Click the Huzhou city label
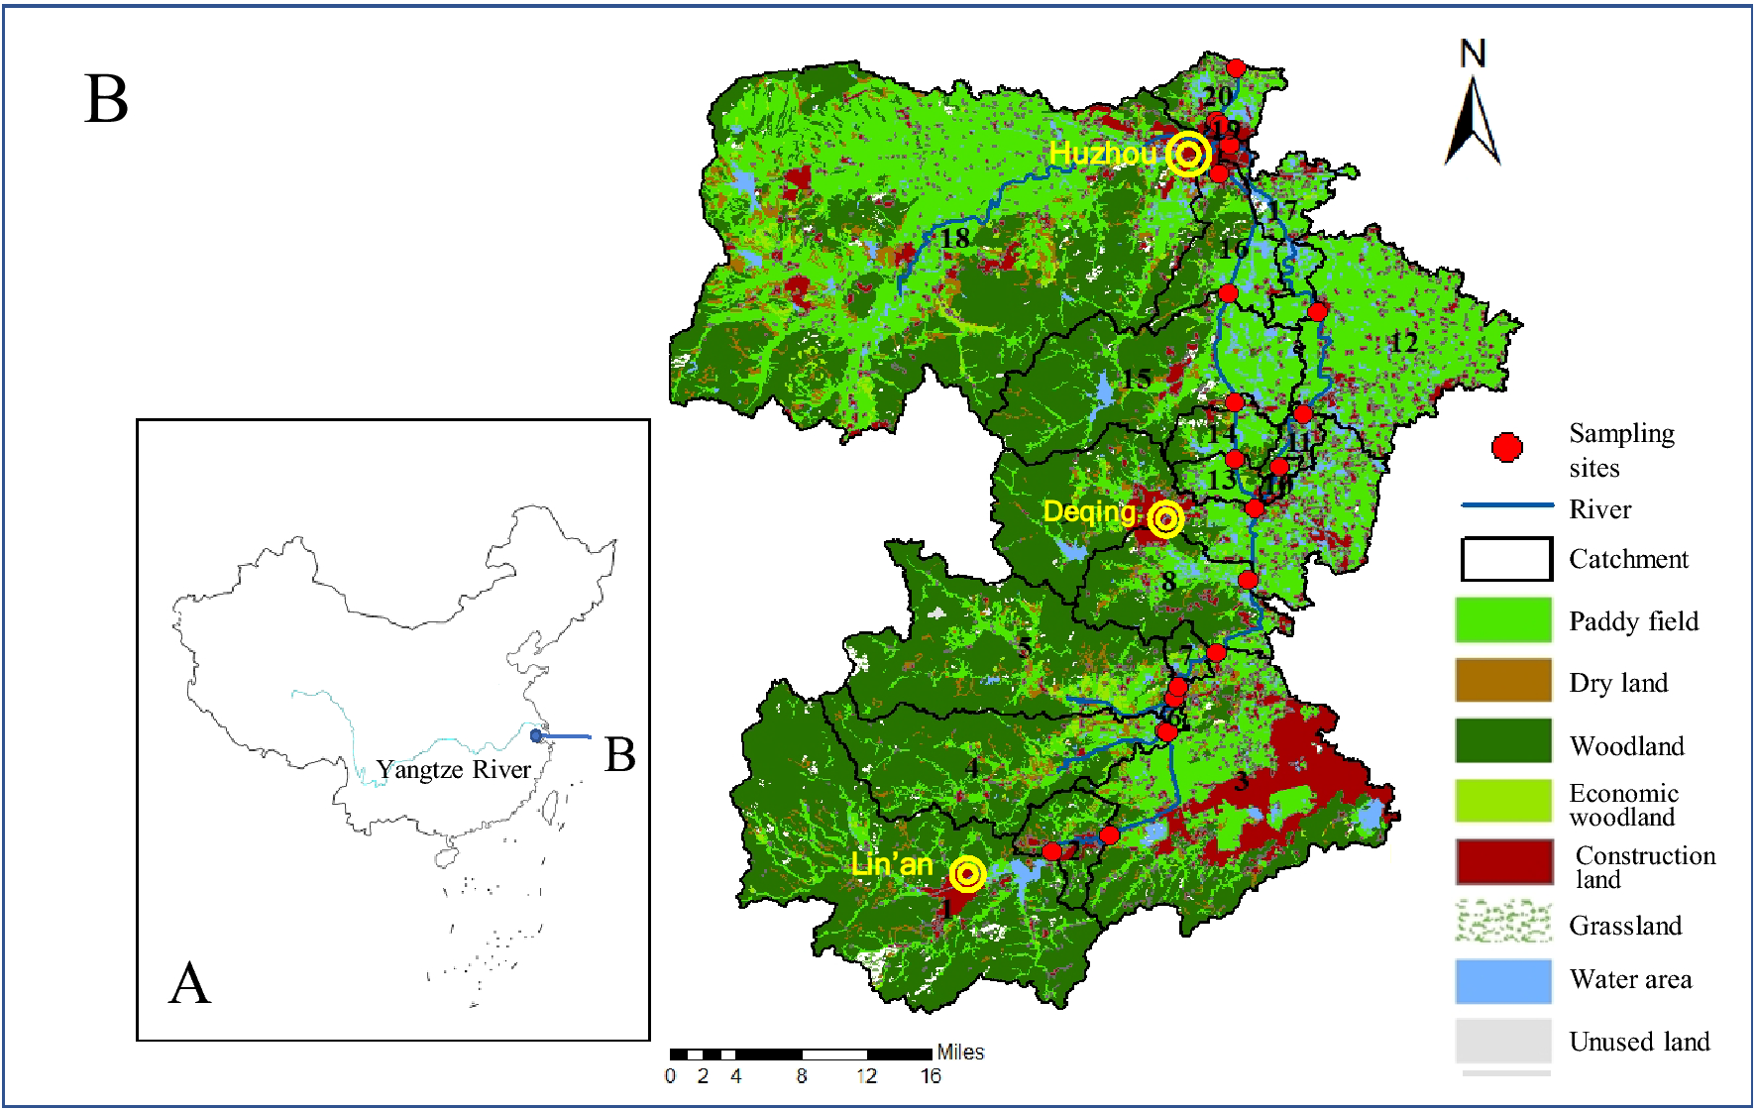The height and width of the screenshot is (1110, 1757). pyautogui.click(x=1102, y=153)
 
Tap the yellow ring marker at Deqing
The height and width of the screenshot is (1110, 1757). pyautogui.click(x=1166, y=518)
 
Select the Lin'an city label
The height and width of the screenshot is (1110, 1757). pyautogui.click(x=892, y=864)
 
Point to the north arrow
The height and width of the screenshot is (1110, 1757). pyautogui.click(x=1472, y=109)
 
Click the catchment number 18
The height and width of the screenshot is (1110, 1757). pyautogui.click(x=954, y=238)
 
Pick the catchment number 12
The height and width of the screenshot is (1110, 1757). pyautogui.click(x=1402, y=343)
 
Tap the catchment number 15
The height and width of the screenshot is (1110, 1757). pyautogui.click(x=1136, y=379)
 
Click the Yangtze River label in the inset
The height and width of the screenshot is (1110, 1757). pyautogui.click(x=453, y=770)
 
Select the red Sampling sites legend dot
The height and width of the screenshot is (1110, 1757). pyautogui.click(x=1506, y=448)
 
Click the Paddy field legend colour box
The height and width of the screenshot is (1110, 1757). pyautogui.click(x=1502, y=620)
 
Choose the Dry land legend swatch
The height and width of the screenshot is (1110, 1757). pyautogui.click(x=1502, y=681)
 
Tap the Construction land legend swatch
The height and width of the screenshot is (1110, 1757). pyautogui.click(x=1503, y=862)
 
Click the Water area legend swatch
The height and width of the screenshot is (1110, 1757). pyautogui.click(x=1502, y=981)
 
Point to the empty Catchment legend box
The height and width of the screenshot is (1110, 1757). pyautogui.click(x=1505, y=559)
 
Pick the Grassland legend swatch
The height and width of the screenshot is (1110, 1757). pyautogui.click(x=1502, y=923)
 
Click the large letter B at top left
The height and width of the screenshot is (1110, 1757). pyautogui.click(x=107, y=100)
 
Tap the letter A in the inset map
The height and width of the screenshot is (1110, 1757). pyautogui.click(x=189, y=984)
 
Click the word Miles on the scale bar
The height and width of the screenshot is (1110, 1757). pyautogui.click(x=960, y=1053)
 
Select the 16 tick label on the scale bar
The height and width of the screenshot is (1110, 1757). pyautogui.click(x=930, y=1076)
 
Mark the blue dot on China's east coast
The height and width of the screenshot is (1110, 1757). pyautogui.click(x=536, y=735)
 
